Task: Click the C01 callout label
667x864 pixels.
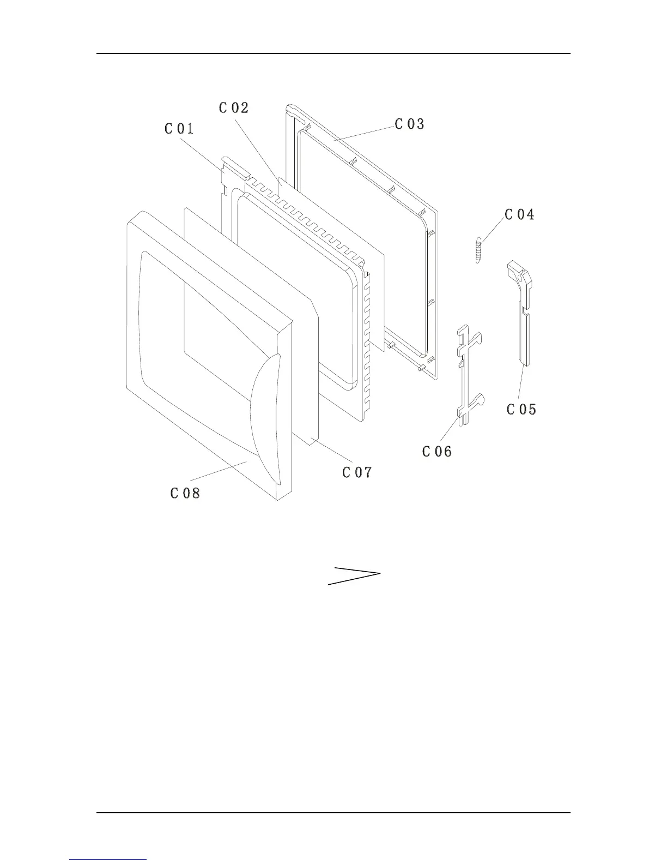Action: point(179,129)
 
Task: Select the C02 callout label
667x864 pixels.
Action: point(234,108)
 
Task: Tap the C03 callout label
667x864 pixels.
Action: point(409,124)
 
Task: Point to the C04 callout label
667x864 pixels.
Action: point(519,214)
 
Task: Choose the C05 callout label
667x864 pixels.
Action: point(522,409)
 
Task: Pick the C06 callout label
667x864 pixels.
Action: point(437,451)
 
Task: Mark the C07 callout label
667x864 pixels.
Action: point(357,472)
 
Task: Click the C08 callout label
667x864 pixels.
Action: point(185,493)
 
